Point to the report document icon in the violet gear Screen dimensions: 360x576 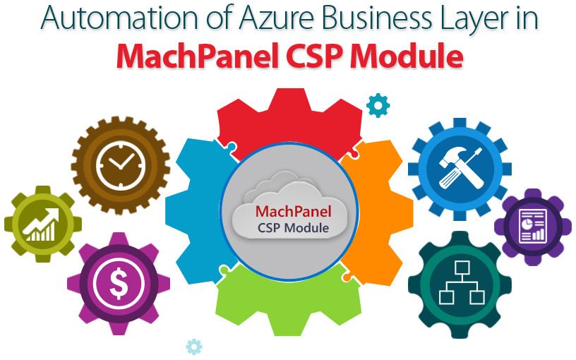click(x=534, y=226)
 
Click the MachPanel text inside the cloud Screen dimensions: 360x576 click(x=293, y=212)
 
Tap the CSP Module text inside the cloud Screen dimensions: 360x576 click(x=293, y=228)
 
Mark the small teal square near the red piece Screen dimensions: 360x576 click(x=378, y=104)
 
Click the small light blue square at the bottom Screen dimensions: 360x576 click(x=194, y=346)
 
